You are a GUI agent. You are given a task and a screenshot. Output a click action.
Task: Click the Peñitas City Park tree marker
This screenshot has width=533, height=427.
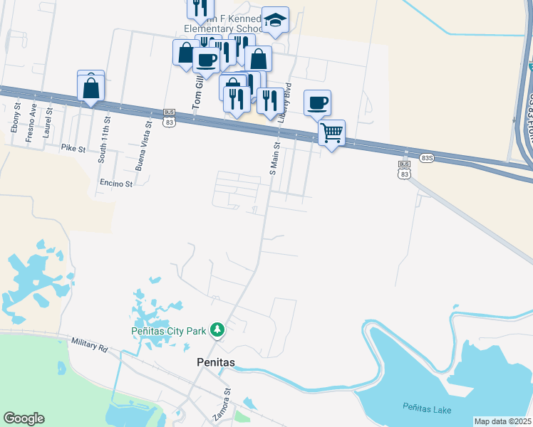tap(218, 330)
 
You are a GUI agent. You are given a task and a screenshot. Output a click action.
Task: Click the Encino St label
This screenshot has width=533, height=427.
tap(116, 184)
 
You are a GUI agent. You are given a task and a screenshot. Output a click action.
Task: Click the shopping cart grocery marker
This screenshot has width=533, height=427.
tap(331, 132)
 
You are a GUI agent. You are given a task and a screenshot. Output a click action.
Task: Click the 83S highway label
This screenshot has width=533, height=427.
tap(427, 158)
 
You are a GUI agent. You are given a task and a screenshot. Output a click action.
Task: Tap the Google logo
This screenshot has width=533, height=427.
tap(24, 418)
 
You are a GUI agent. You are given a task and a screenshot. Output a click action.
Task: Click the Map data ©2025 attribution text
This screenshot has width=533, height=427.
tap(502, 421)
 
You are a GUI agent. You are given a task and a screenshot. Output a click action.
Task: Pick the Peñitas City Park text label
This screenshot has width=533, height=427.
tap(168, 330)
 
